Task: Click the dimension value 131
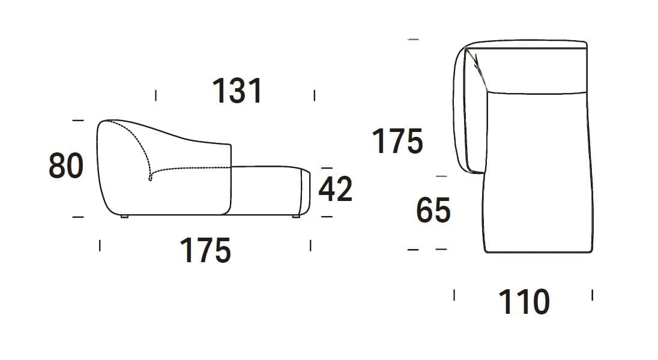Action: tap(237, 92)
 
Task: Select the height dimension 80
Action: tap(65, 166)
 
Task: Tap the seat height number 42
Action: tap(335, 190)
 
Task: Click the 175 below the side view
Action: tap(205, 251)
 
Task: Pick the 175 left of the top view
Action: tap(397, 142)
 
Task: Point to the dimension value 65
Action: tap(433, 211)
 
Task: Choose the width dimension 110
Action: tap(524, 302)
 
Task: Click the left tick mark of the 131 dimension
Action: tap(156, 95)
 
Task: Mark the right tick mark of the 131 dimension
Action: tap(315, 95)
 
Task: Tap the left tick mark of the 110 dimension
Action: tap(454, 295)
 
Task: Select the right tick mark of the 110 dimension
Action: tap(593, 295)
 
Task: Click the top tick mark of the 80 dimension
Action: tap(77, 121)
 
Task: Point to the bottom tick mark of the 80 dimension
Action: tap(77, 217)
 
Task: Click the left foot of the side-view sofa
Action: tap(124, 216)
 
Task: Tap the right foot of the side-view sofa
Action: tap(296, 216)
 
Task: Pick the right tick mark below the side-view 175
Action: tap(310, 245)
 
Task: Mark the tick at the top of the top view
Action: tap(412, 39)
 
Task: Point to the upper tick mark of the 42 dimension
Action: tap(326, 168)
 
